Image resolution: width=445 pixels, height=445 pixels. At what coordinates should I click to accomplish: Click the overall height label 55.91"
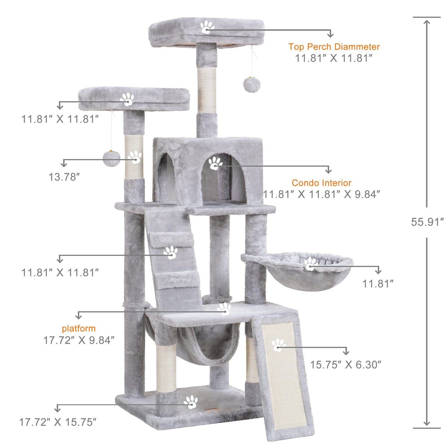[x=427, y=222]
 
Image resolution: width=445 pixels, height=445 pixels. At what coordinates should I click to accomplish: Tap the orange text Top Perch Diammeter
[x=334, y=47]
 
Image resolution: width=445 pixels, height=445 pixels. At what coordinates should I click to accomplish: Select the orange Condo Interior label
[x=322, y=183]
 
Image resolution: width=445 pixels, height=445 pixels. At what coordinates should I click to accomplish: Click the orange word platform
[x=79, y=328]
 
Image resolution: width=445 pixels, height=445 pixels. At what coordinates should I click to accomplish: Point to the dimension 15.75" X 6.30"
[x=345, y=365]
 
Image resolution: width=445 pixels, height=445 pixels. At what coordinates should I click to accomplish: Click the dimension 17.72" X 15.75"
[x=58, y=422]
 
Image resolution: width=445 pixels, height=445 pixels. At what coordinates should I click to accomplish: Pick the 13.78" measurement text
[x=64, y=177]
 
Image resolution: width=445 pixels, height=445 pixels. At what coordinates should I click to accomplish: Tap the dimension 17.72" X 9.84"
[x=79, y=340]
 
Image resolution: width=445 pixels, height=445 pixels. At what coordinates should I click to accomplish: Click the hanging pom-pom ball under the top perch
[x=252, y=85]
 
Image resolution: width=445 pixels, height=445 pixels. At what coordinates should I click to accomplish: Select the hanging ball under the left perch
[x=111, y=158]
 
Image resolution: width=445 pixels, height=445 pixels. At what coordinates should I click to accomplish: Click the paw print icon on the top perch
[x=207, y=27]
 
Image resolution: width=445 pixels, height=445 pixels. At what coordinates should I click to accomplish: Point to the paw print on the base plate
[x=191, y=402]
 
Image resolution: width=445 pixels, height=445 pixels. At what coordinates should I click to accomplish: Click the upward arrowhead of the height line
[x=427, y=22]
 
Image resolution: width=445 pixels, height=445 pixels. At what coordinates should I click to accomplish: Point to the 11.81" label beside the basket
[x=378, y=284]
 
